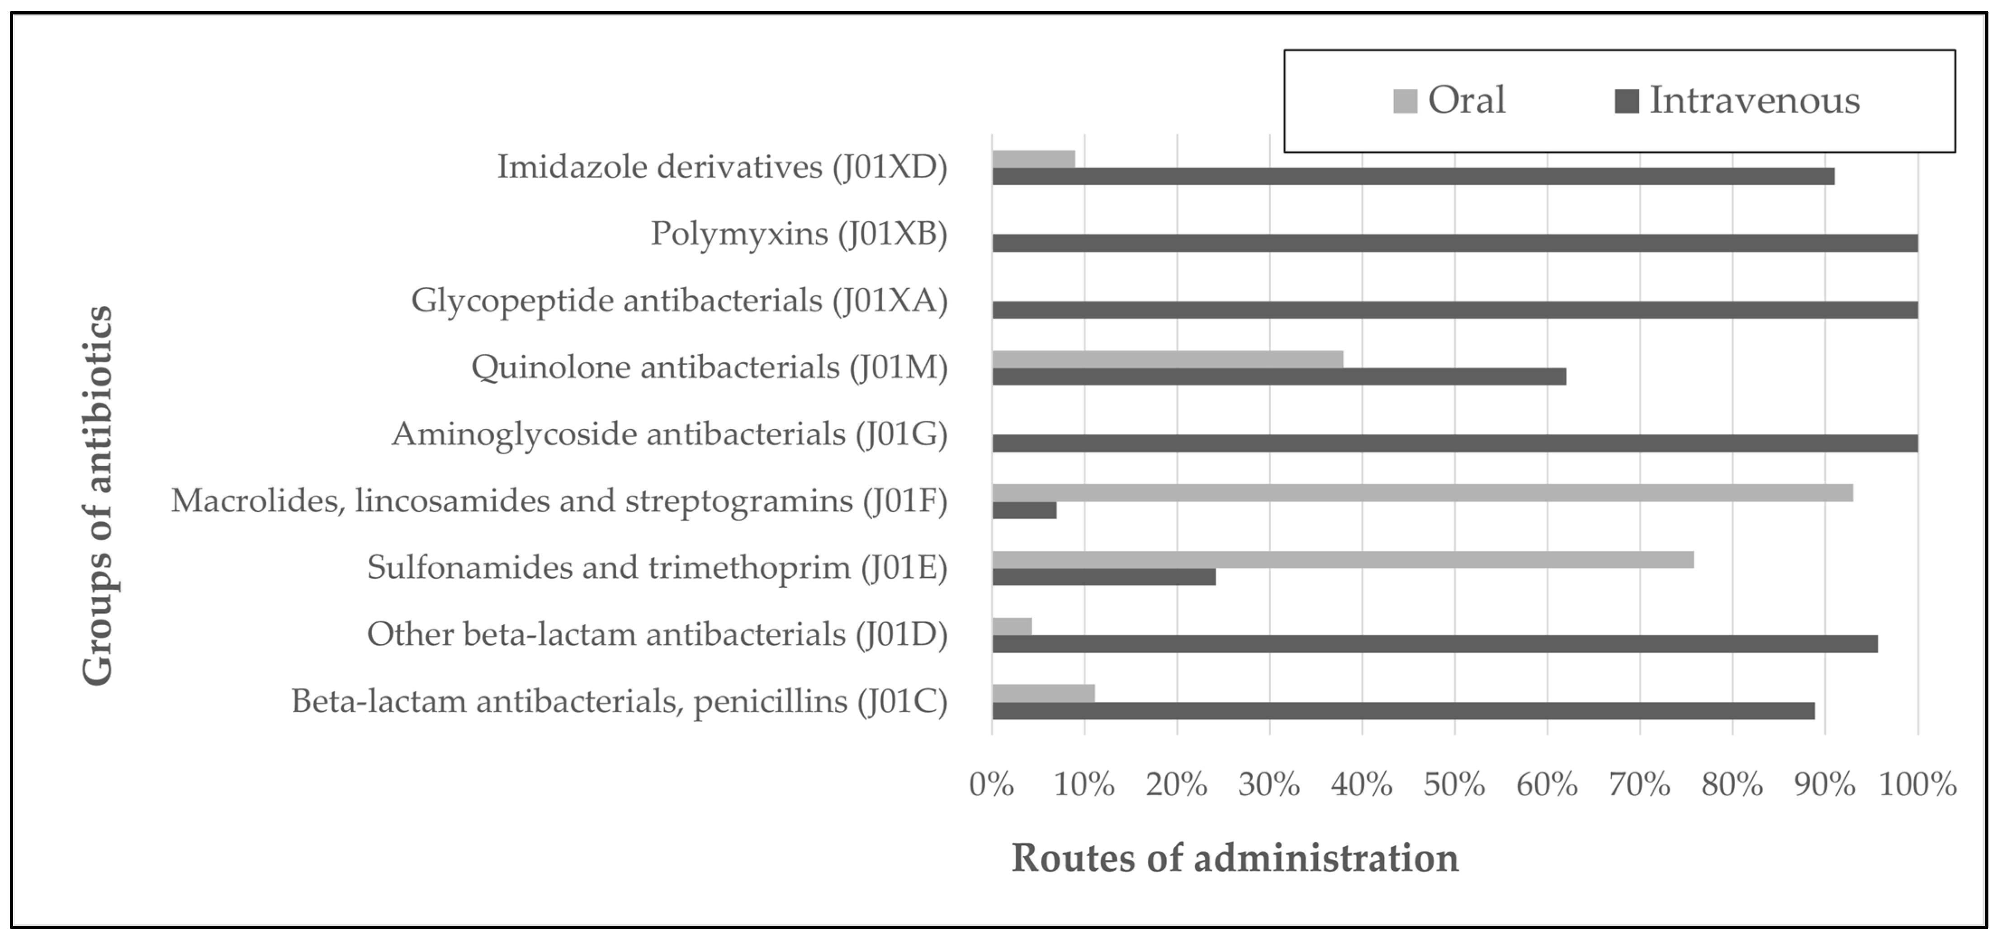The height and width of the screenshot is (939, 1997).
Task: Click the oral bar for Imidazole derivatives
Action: click(1033, 159)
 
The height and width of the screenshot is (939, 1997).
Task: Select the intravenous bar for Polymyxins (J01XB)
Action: click(1455, 243)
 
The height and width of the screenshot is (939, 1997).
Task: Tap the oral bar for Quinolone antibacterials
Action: click(1168, 360)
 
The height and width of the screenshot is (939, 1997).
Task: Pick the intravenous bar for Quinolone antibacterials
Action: click(1279, 376)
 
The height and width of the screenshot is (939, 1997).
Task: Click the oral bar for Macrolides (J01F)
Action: click(1423, 493)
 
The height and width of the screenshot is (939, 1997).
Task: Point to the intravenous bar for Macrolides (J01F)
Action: click(1024, 511)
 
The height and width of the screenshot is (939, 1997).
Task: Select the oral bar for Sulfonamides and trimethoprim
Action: click(1343, 559)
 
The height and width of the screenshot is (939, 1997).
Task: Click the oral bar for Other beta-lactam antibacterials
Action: click(1012, 626)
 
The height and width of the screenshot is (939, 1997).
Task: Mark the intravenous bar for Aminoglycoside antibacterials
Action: click(1455, 443)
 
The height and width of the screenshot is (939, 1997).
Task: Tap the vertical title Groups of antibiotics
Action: click(99, 496)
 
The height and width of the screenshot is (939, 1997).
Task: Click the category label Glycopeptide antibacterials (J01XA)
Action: click(679, 300)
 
